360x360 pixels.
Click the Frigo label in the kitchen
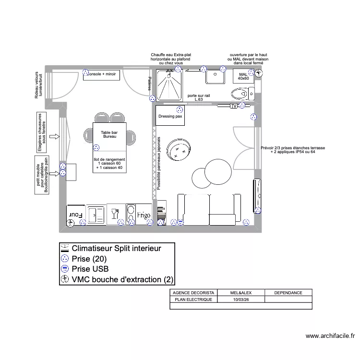click(x=144, y=216)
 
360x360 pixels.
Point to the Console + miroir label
click(x=102, y=75)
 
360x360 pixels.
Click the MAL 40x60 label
click(x=243, y=76)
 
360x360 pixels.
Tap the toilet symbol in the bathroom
click(x=239, y=93)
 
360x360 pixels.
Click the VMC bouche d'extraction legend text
click(x=122, y=279)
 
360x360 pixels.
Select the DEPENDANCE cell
click(x=288, y=292)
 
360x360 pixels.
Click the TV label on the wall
click(x=234, y=106)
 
